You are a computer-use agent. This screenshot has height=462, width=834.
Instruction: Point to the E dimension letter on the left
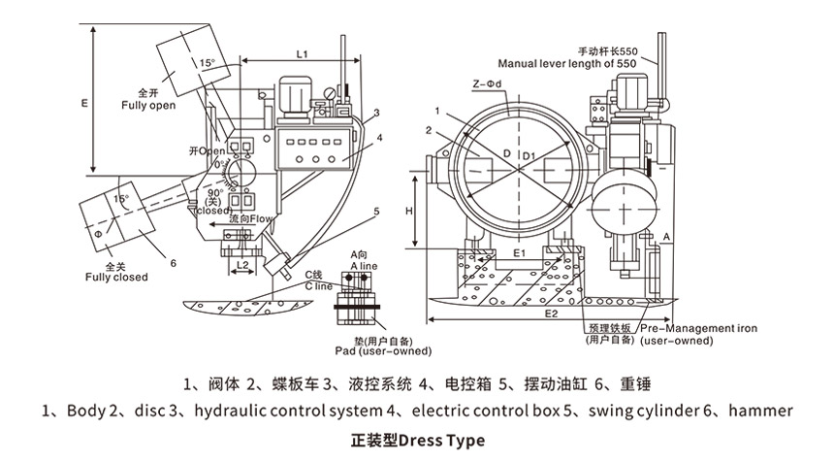84,100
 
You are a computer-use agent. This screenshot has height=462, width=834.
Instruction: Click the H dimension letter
410,210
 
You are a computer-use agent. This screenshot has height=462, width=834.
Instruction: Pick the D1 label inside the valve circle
528,155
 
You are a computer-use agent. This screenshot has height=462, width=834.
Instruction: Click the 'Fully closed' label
116,277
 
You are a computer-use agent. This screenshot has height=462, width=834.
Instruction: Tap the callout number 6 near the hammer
172,261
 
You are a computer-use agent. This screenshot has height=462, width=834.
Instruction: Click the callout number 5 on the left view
376,211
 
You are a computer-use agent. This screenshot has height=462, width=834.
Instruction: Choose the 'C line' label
319,286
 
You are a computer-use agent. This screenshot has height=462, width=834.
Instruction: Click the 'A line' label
362,265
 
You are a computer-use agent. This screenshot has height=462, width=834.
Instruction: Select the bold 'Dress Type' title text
441,441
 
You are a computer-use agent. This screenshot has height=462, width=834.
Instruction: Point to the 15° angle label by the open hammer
208,64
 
